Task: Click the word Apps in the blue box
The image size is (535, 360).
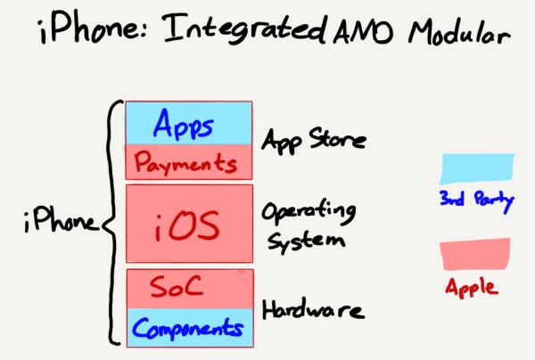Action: [x=184, y=126]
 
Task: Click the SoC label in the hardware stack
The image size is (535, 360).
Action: [x=177, y=287]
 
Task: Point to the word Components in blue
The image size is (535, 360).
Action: [x=188, y=329]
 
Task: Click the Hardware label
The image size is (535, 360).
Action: [x=311, y=310]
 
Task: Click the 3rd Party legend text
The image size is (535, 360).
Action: [x=476, y=199]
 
